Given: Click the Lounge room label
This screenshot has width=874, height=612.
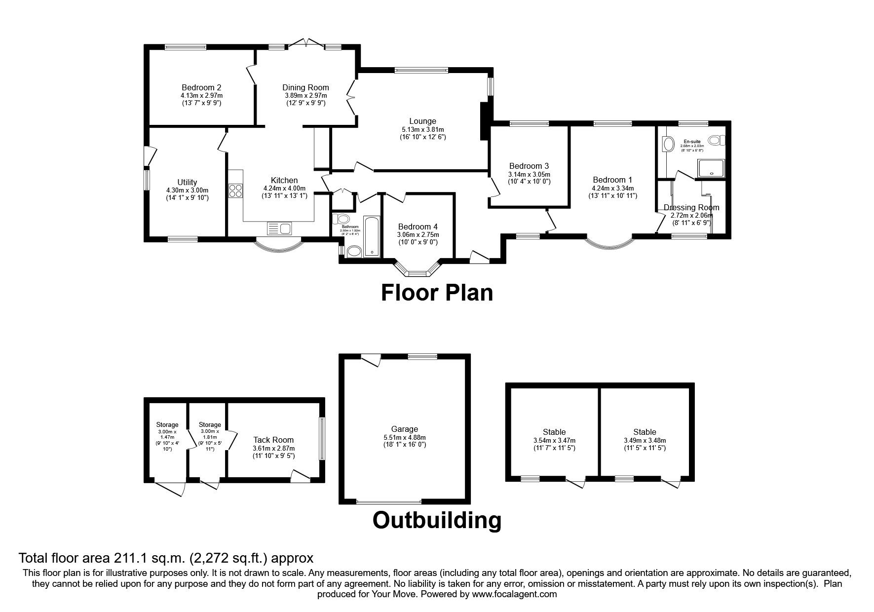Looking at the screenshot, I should [x=422, y=121].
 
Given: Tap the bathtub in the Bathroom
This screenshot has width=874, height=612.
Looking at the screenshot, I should [x=371, y=236].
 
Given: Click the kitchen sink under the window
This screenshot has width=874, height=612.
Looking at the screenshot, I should [x=279, y=229].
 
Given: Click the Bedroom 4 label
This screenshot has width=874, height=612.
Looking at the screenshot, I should [x=418, y=227].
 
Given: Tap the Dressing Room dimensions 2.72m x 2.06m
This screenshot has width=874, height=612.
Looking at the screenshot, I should [x=691, y=216].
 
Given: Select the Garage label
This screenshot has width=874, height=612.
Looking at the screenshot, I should [x=404, y=429].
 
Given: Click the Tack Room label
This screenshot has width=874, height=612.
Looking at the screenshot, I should [x=273, y=440].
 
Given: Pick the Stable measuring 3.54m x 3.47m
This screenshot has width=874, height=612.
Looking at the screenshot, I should [x=554, y=432].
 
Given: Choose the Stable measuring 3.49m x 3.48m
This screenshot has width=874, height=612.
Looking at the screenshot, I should [x=645, y=432].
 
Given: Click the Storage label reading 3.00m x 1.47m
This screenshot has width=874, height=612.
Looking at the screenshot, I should [x=167, y=424].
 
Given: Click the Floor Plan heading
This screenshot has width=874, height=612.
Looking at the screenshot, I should [x=437, y=293].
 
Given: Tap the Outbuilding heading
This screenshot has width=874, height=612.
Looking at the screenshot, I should [x=437, y=520].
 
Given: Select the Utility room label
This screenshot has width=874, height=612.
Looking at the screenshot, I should [x=187, y=182].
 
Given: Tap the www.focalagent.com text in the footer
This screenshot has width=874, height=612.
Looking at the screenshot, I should [x=514, y=594].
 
